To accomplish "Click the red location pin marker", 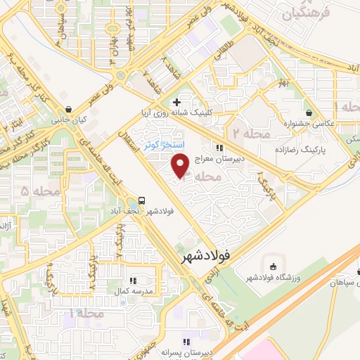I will click(x=181, y=165).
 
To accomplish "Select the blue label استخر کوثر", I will click(x=164, y=145).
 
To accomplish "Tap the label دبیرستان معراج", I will click(x=240, y=158).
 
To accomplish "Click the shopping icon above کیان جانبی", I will click(x=67, y=110).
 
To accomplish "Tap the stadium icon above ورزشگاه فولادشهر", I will click(x=273, y=266).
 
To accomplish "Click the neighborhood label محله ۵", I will click(x=34, y=191).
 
